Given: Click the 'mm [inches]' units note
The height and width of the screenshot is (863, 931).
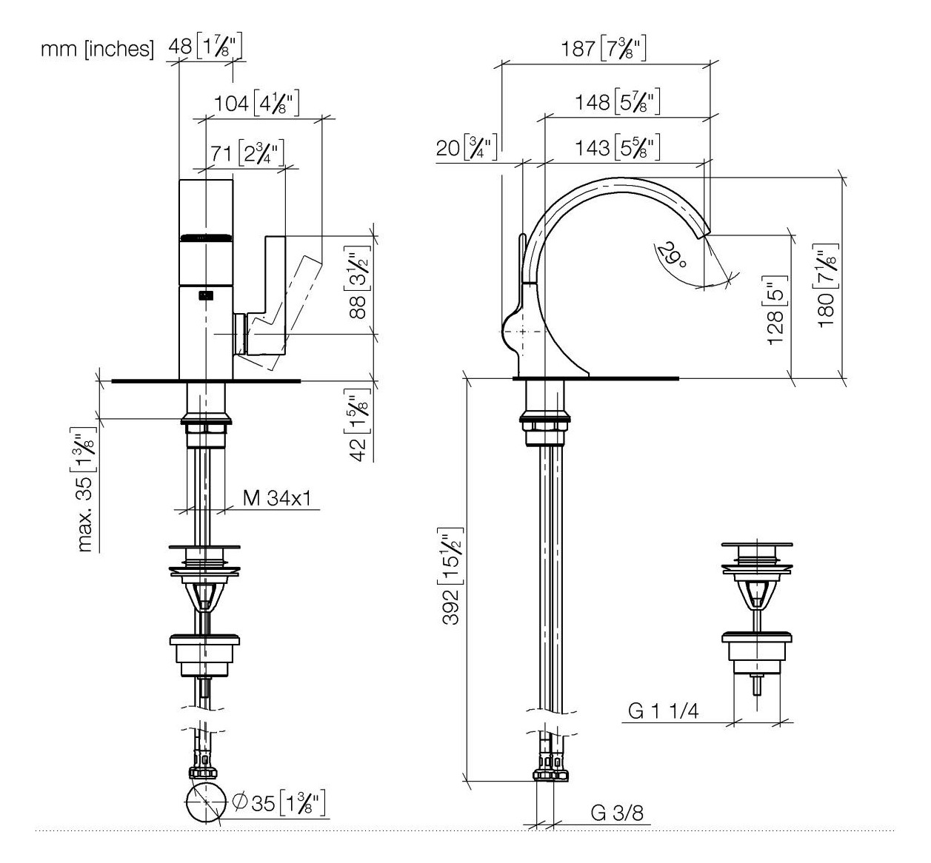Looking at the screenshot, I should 97,49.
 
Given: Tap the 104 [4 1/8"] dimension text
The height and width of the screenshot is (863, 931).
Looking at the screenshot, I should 257,103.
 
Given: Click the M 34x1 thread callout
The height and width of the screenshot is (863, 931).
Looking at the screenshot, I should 277,498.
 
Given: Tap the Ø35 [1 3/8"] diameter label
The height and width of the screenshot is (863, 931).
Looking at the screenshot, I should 279,803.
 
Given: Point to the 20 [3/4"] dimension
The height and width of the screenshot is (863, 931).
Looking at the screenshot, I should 467,148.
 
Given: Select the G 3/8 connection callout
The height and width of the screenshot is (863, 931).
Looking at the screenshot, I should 617,813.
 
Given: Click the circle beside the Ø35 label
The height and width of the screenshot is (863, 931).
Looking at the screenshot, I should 204,802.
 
